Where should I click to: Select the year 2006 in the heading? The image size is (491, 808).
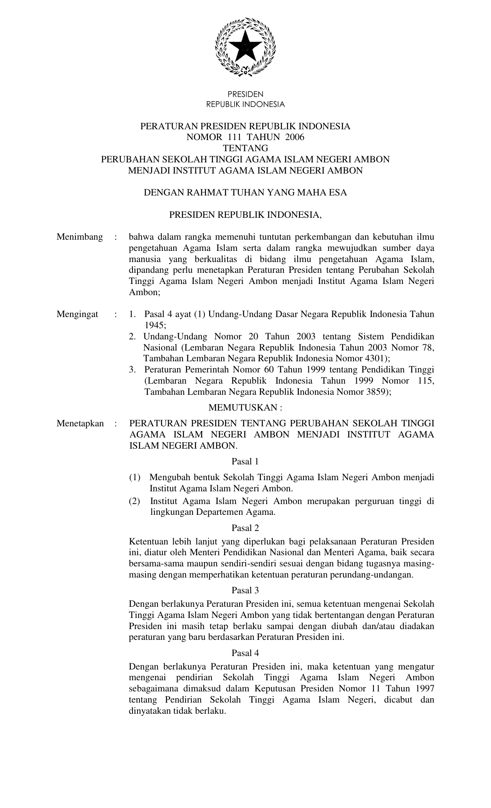coord(295,137)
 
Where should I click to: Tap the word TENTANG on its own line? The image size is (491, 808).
coord(245,148)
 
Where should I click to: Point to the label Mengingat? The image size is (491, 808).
coord(77,314)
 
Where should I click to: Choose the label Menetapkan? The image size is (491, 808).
coord(80,424)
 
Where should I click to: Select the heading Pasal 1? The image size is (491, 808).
coord(245,461)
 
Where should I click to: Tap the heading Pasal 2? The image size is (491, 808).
coord(245,528)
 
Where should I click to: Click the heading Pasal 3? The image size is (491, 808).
coord(245,590)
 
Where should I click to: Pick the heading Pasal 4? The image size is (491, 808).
coord(245,653)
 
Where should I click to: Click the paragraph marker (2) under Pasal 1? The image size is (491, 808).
coord(135,501)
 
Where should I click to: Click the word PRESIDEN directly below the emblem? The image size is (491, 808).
coord(245,94)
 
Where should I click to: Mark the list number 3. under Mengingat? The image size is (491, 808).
coord(133,370)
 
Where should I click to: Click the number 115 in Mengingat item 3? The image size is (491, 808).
coord(425,381)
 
